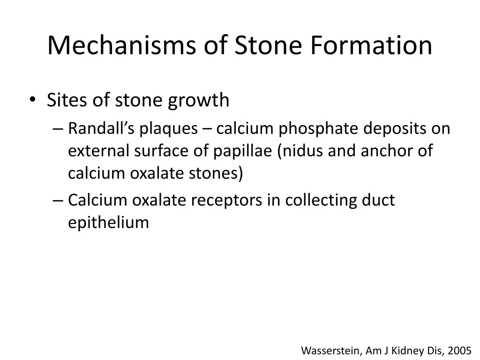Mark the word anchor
[391, 151]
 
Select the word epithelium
[108, 223]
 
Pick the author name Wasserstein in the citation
[330, 350]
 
